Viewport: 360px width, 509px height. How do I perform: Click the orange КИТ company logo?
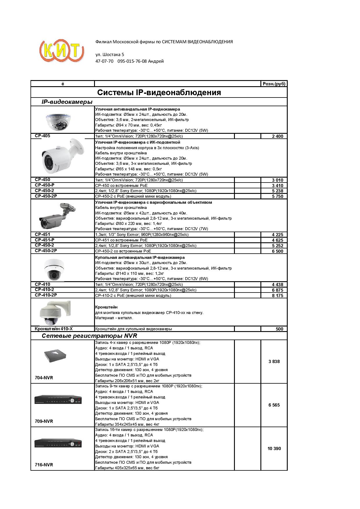coord(62,51)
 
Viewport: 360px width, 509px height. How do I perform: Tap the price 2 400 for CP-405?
coord(277,136)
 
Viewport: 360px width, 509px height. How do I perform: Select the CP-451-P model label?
coord(45,240)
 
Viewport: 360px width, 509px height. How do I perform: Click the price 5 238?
coord(277,191)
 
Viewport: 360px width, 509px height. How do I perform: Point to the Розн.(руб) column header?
coord(274,84)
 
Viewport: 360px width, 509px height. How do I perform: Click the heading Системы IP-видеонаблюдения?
coord(159,93)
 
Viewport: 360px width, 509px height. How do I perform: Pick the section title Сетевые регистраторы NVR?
coord(89,336)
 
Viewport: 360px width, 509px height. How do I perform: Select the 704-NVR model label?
coord(44,378)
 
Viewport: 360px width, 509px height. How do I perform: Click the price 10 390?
coord(274,448)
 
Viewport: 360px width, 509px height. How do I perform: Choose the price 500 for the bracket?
coord(279,329)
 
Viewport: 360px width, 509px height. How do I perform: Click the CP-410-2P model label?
coord(46,295)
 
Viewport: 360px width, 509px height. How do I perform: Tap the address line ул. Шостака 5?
coord(110,55)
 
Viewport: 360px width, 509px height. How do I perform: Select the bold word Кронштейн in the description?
coord(106,307)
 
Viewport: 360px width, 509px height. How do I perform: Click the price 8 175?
coord(277,295)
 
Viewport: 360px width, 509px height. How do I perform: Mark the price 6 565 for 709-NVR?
coord(274,405)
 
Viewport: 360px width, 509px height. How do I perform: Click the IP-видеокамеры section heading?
coord(67,102)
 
